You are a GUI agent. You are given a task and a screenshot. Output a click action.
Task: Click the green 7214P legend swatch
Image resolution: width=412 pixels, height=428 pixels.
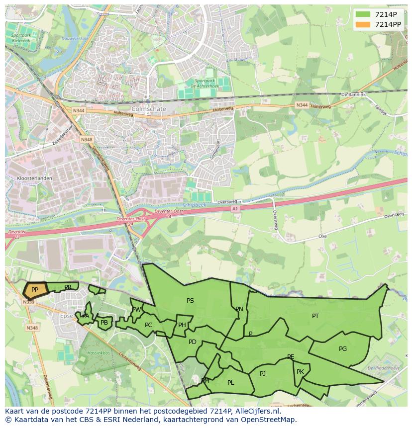pyautogui.click(x=363, y=14)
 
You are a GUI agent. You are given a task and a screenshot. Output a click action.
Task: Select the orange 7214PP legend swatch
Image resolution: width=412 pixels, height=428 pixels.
pyautogui.click(x=363, y=24)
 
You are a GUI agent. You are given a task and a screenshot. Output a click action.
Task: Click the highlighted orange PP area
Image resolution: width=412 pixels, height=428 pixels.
pyautogui.click(x=35, y=289)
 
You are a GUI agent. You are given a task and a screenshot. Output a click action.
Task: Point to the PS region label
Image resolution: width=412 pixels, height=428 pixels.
pyautogui.click(x=190, y=300)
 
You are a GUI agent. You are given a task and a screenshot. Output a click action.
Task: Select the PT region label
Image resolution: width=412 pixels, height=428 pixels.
pyautogui.click(x=315, y=316)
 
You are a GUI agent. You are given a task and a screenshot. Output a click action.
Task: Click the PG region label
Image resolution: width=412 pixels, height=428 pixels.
pyautogui.click(x=343, y=348)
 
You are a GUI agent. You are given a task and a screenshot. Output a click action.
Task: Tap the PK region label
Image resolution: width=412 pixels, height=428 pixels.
pyautogui.click(x=300, y=371)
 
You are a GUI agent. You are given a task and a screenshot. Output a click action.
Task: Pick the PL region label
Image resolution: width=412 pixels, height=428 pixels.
pyautogui.click(x=230, y=382)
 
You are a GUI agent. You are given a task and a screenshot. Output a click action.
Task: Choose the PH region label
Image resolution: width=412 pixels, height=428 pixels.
pyautogui.click(x=182, y=325)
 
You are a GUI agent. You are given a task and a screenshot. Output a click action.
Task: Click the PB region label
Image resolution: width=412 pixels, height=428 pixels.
pyautogui.click(x=104, y=323)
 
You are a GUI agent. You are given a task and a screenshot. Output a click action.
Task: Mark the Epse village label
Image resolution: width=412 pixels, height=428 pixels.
pyautogui.click(x=67, y=316)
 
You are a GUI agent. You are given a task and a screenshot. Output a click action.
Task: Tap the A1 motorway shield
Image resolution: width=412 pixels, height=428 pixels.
pyautogui.click(x=235, y=209)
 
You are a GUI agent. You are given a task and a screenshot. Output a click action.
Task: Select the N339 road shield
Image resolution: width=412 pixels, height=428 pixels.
pyautogui.click(x=29, y=302)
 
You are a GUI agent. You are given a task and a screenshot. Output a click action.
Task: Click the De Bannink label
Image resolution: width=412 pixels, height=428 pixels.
pyautogui.click(x=353, y=94)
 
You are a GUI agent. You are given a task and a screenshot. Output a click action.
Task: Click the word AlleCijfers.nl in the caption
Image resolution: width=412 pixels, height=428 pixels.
pyautogui.click(x=257, y=411)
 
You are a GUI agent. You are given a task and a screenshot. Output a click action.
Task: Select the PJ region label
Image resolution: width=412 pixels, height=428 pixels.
pyautogui.click(x=263, y=373)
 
